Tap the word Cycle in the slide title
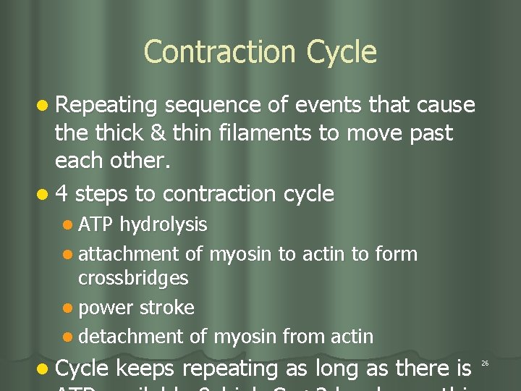click(x=342, y=52)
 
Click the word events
click(x=329, y=106)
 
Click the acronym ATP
click(x=96, y=225)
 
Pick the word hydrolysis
click(x=164, y=225)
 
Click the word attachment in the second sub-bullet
click(x=128, y=254)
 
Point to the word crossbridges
click(x=133, y=278)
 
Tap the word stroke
click(x=166, y=308)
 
